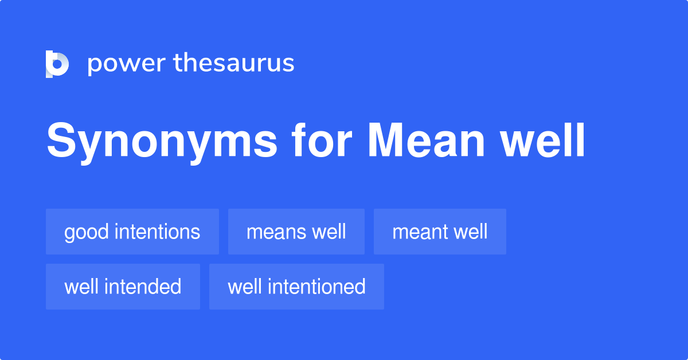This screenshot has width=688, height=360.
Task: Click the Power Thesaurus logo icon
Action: (57, 64)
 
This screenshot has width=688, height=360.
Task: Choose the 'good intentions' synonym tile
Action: (132, 232)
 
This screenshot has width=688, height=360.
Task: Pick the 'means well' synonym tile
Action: (296, 232)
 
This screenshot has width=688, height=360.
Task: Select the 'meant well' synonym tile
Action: (440, 232)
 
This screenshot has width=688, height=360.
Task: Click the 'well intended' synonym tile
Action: (123, 287)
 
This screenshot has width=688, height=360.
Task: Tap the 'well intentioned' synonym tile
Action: (296, 287)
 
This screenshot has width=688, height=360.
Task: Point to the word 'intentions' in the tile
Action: (157, 232)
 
